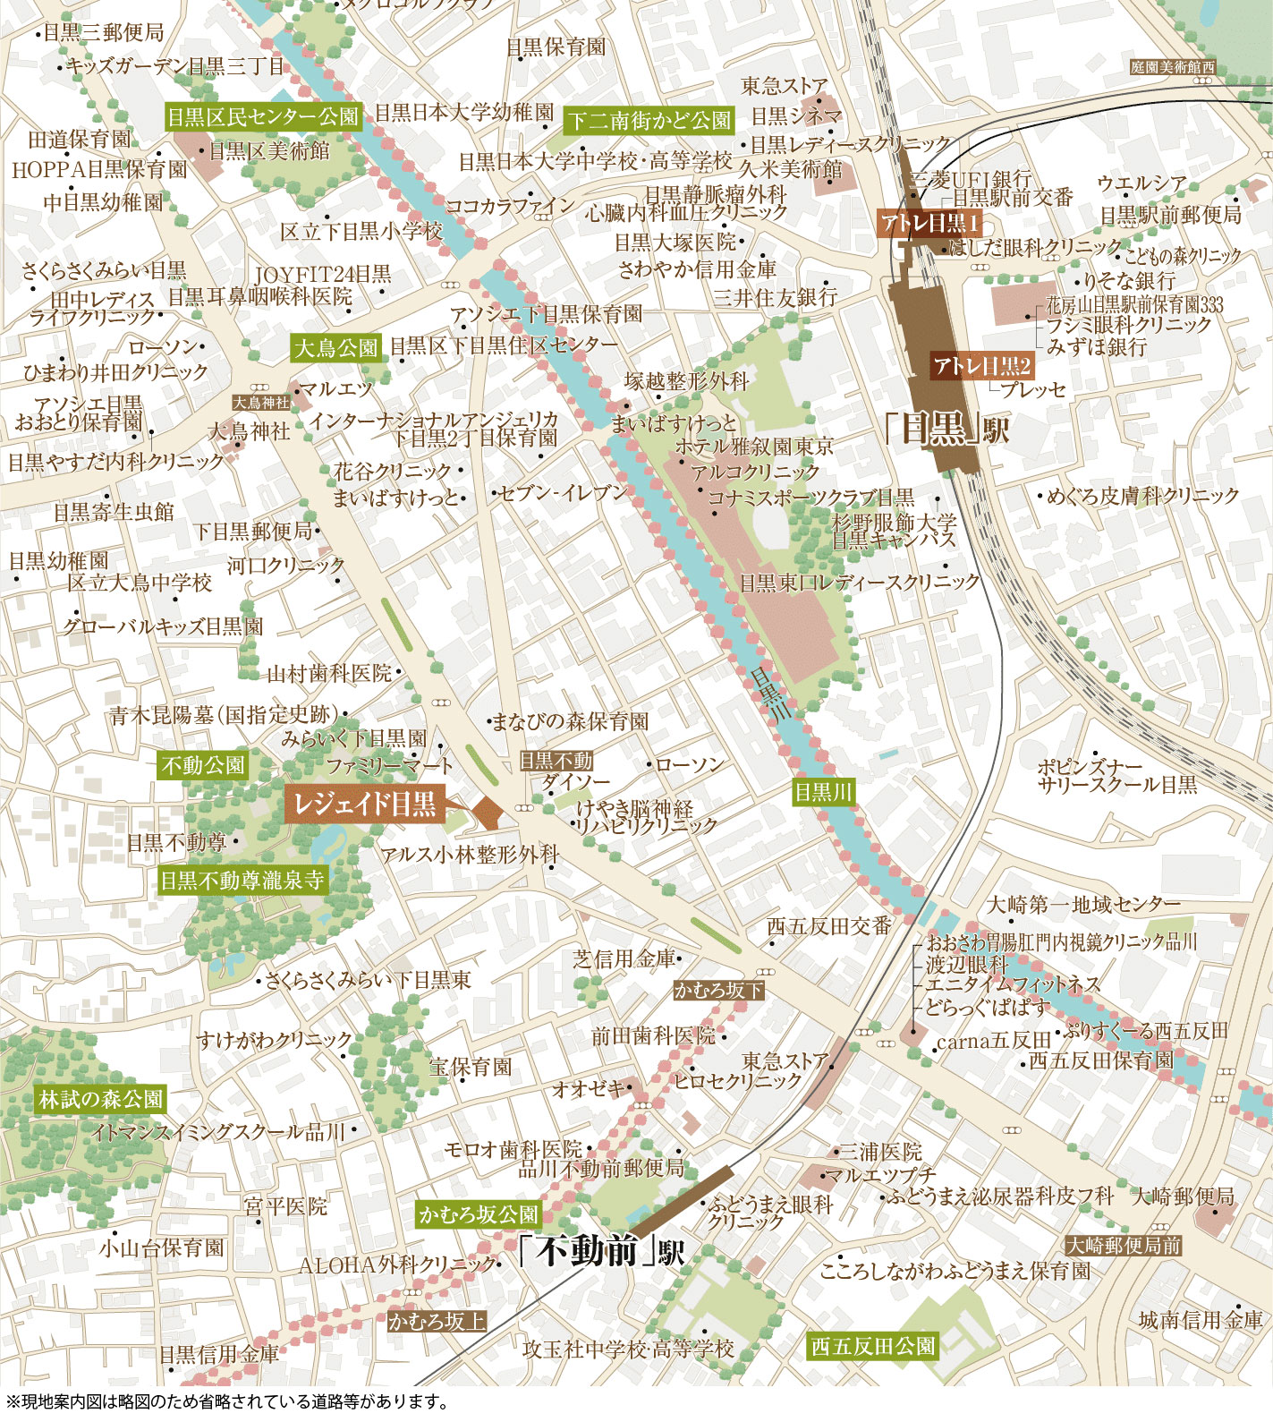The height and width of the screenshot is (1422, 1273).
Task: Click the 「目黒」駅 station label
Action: (x=946, y=430)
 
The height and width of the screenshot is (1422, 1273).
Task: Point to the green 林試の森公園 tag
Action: (x=101, y=1099)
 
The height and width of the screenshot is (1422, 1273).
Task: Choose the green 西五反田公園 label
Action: (x=873, y=1346)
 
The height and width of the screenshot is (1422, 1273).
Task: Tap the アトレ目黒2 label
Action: (x=981, y=365)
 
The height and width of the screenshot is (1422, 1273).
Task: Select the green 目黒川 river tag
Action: (x=824, y=791)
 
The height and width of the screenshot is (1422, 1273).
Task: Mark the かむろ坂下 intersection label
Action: (x=718, y=990)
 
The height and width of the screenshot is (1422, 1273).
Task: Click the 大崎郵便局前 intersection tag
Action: (x=1124, y=1245)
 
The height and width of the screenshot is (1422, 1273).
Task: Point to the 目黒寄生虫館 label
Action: (x=114, y=512)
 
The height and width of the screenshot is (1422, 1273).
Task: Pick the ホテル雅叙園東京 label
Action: (x=754, y=446)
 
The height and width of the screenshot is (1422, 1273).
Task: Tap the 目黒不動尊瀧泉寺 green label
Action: (x=242, y=880)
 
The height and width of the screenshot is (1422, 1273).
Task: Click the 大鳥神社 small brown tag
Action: (x=261, y=404)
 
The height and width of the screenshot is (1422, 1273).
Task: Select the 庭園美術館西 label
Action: (x=1173, y=67)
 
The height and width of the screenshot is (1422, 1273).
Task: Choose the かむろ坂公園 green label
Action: (x=479, y=1214)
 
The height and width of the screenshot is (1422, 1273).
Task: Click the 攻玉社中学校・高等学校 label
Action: (x=628, y=1349)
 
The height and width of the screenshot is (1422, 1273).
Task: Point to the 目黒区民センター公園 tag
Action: (x=263, y=116)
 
